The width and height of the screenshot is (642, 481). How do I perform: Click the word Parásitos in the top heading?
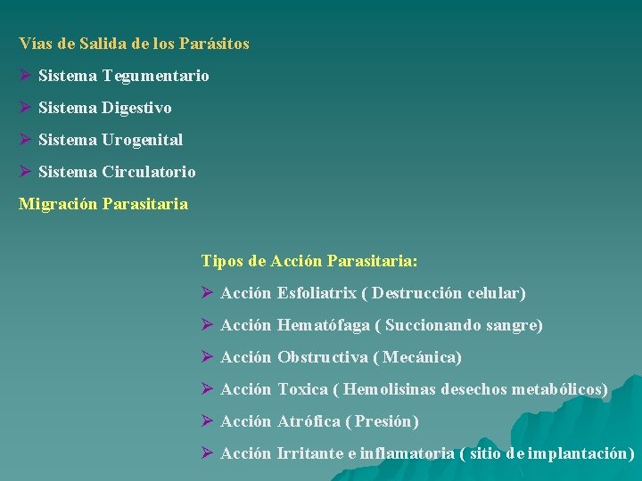[x=214, y=44]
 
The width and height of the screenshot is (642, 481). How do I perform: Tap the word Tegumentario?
[x=155, y=76]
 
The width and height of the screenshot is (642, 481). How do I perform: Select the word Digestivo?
[x=136, y=108]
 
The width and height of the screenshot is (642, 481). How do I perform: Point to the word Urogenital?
[x=142, y=140]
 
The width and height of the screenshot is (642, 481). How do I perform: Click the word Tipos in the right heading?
[x=221, y=261]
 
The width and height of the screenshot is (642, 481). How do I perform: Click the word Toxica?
[x=303, y=389]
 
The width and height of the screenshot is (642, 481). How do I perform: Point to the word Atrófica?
[x=309, y=421]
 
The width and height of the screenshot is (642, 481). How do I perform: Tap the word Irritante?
[x=310, y=453]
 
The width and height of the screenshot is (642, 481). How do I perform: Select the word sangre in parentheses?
[x=513, y=325]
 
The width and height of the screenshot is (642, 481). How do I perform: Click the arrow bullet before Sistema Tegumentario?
[x=25, y=76]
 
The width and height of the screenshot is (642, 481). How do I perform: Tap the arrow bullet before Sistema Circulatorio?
[x=25, y=172]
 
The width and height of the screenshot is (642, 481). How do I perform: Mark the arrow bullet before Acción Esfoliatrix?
[x=207, y=293]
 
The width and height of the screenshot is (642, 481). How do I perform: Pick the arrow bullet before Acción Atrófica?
[x=207, y=421]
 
